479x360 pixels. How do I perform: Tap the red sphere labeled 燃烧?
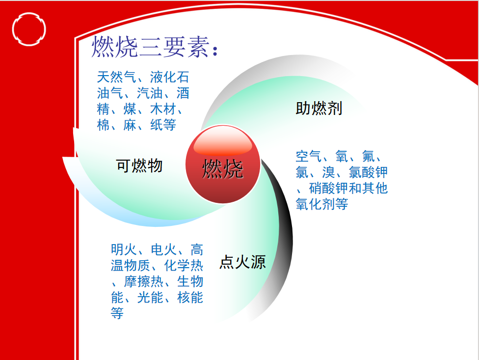click(x=223, y=164)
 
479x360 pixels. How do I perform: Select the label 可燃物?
click(x=139, y=166)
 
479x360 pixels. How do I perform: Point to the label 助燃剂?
click(x=319, y=109)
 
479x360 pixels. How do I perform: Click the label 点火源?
click(x=242, y=262)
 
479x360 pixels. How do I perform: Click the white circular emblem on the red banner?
click(x=29, y=29)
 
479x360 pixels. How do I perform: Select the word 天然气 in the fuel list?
click(x=117, y=77)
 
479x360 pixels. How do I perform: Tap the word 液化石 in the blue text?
click(x=169, y=77)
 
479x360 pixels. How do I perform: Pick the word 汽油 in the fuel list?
click(x=150, y=93)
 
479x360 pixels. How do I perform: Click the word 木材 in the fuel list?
click(x=163, y=109)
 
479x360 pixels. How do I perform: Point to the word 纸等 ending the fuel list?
click(x=163, y=125)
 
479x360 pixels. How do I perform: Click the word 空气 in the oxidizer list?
click(x=309, y=157)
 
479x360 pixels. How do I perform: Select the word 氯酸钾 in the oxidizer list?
click(x=368, y=172)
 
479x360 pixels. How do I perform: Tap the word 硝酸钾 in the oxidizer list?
click(x=328, y=188)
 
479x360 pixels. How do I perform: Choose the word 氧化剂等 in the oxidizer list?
click(x=321, y=204)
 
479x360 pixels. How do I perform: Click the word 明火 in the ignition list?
click(x=124, y=249)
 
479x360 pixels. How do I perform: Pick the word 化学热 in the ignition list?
click(x=184, y=266)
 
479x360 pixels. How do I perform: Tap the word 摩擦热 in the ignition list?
click(x=144, y=281)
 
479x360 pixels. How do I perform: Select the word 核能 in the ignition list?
click(x=190, y=297)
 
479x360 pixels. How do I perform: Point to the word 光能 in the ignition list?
click(x=150, y=297)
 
